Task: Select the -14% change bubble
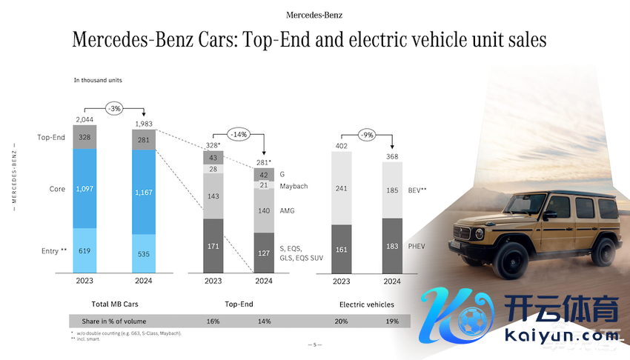tap(239, 136)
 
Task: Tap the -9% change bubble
tap(366, 135)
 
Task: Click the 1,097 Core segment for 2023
tap(86, 189)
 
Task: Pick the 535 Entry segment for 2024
tap(144, 254)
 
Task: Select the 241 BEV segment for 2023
tap(341, 187)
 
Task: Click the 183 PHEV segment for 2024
tap(392, 245)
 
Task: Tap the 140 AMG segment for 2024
tap(264, 211)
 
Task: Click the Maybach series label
tap(295, 185)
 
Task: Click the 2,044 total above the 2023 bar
tap(85, 119)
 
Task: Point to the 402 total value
tap(341, 146)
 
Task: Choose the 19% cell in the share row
tap(392, 321)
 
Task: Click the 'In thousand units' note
tap(98, 80)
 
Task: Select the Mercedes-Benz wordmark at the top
tap(314, 15)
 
